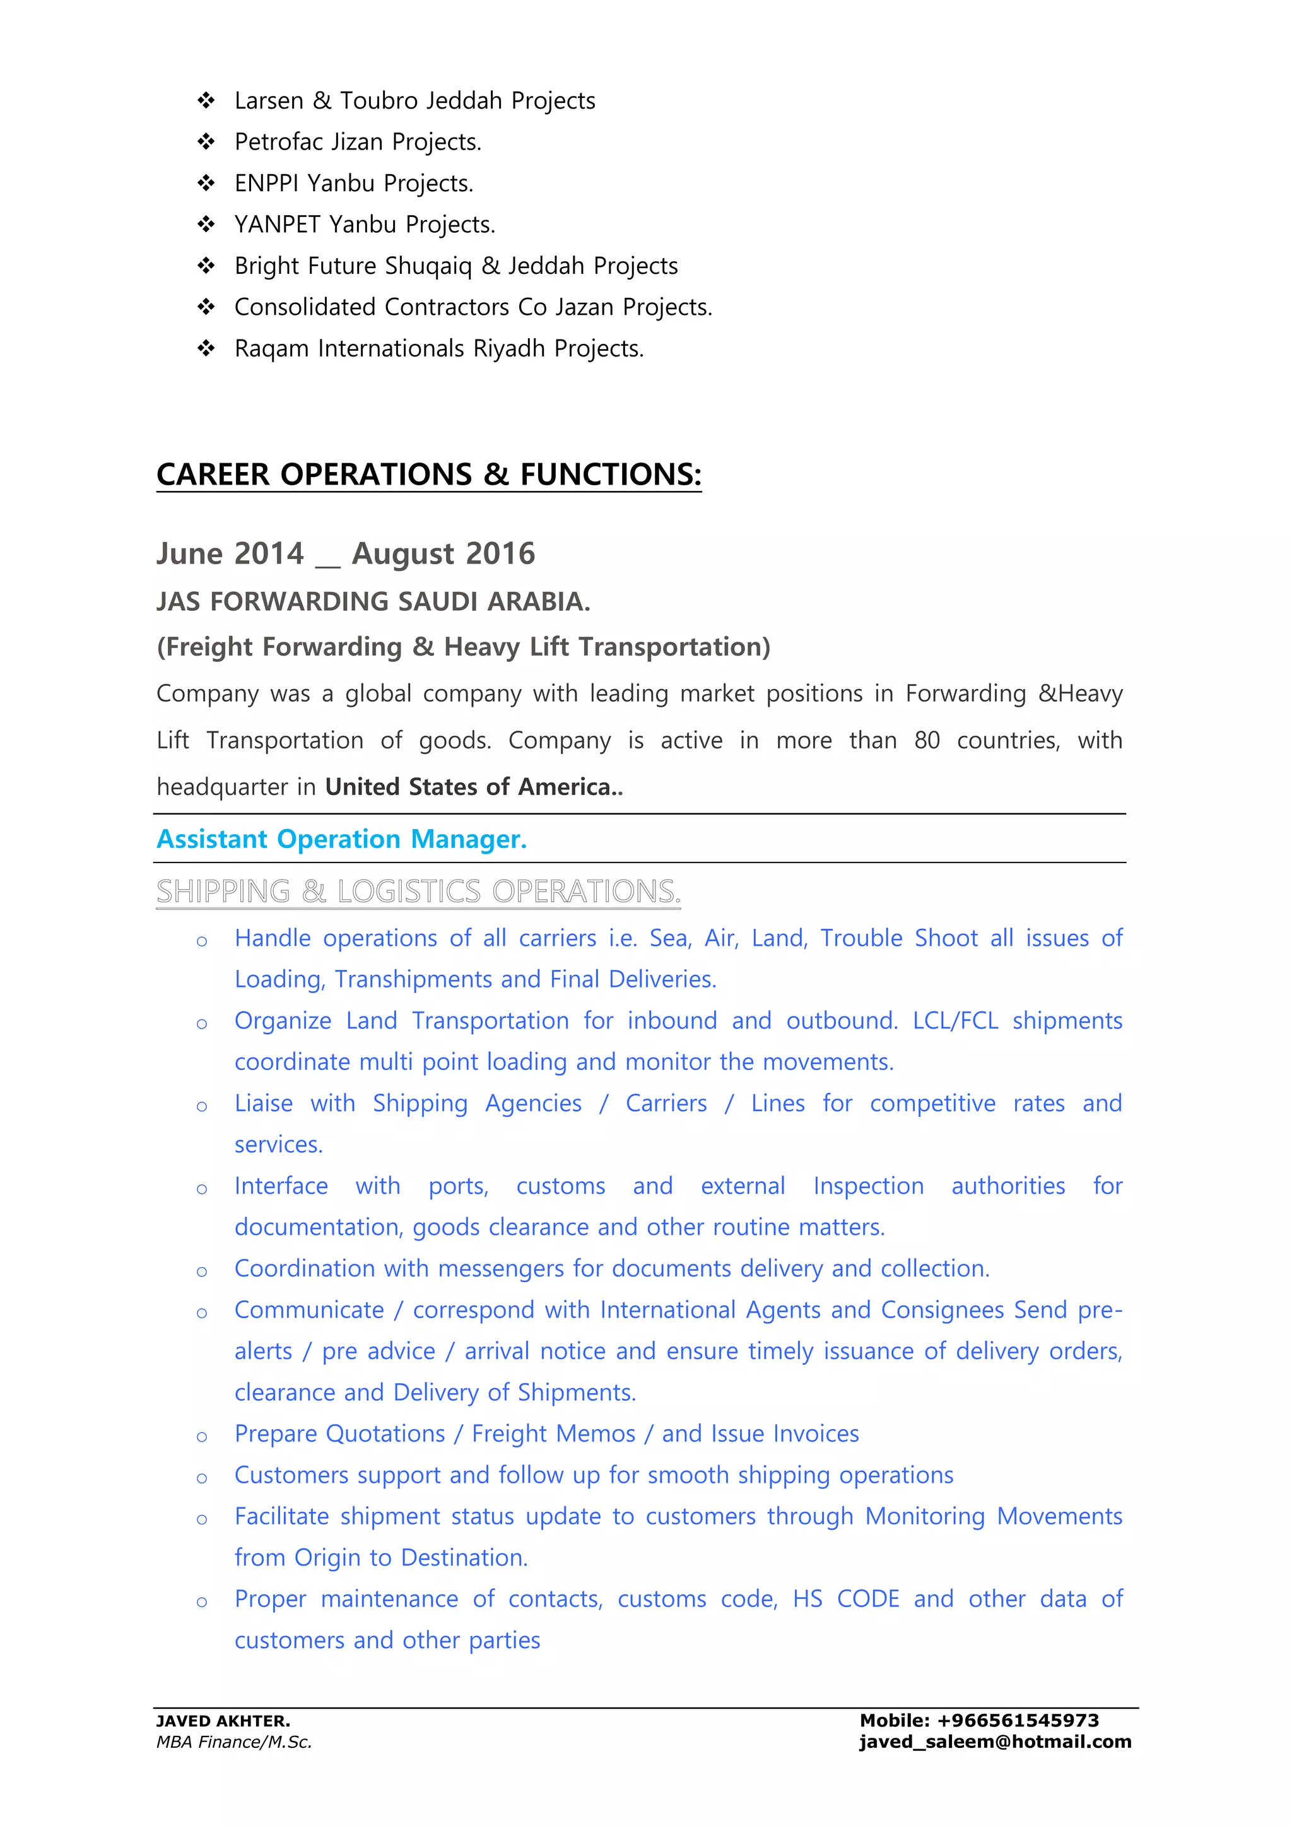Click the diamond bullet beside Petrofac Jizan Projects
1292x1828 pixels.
tap(206, 142)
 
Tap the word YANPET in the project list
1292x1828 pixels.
tap(277, 225)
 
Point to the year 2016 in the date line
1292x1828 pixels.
tap(500, 553)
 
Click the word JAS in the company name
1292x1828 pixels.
tap(179, 602)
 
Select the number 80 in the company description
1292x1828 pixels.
tap(927, 740)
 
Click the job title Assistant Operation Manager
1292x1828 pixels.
tap(341, 839)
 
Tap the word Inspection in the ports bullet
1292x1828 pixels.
tap(867, 1186)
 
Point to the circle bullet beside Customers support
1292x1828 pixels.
tap(203, 1478)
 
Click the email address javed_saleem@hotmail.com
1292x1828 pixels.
tap(995, 1741)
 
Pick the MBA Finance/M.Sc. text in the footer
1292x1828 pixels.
tap(234, 1742)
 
